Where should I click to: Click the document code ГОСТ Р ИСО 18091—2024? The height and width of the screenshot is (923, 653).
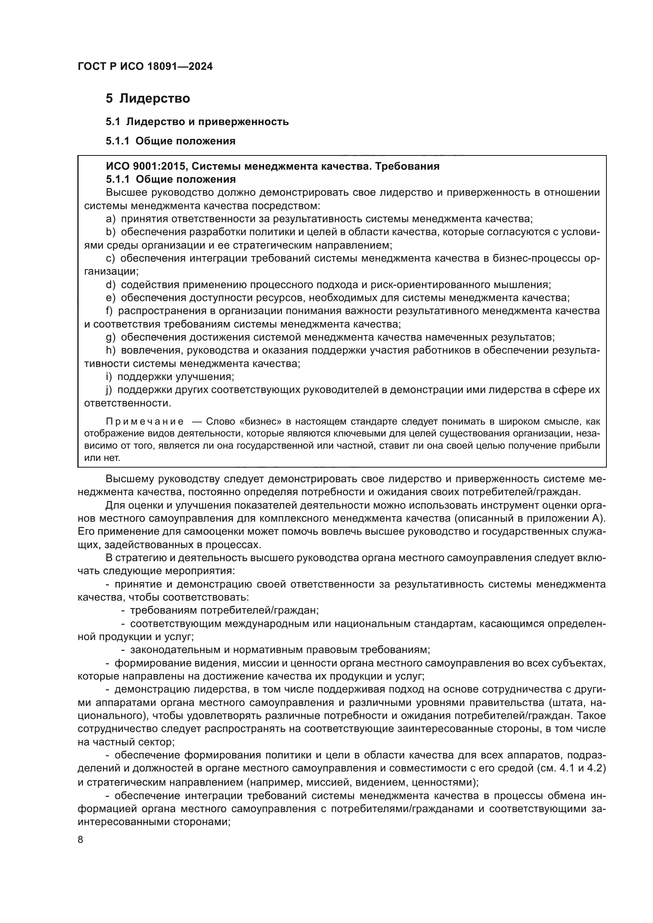[x=145, y=66]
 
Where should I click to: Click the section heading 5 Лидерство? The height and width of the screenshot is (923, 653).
[x=148, y=99]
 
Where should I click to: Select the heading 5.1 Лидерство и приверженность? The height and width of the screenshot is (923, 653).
[x=197, y=122]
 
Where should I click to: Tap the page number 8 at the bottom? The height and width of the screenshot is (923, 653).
[x=81, y=840]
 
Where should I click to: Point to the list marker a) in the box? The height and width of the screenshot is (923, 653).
[x=111, y=219]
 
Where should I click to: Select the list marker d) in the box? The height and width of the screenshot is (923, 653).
[x=111, y=285]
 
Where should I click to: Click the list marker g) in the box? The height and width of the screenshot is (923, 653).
[x=111, y=337]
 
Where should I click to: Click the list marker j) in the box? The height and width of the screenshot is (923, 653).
[x=109, y=390]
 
